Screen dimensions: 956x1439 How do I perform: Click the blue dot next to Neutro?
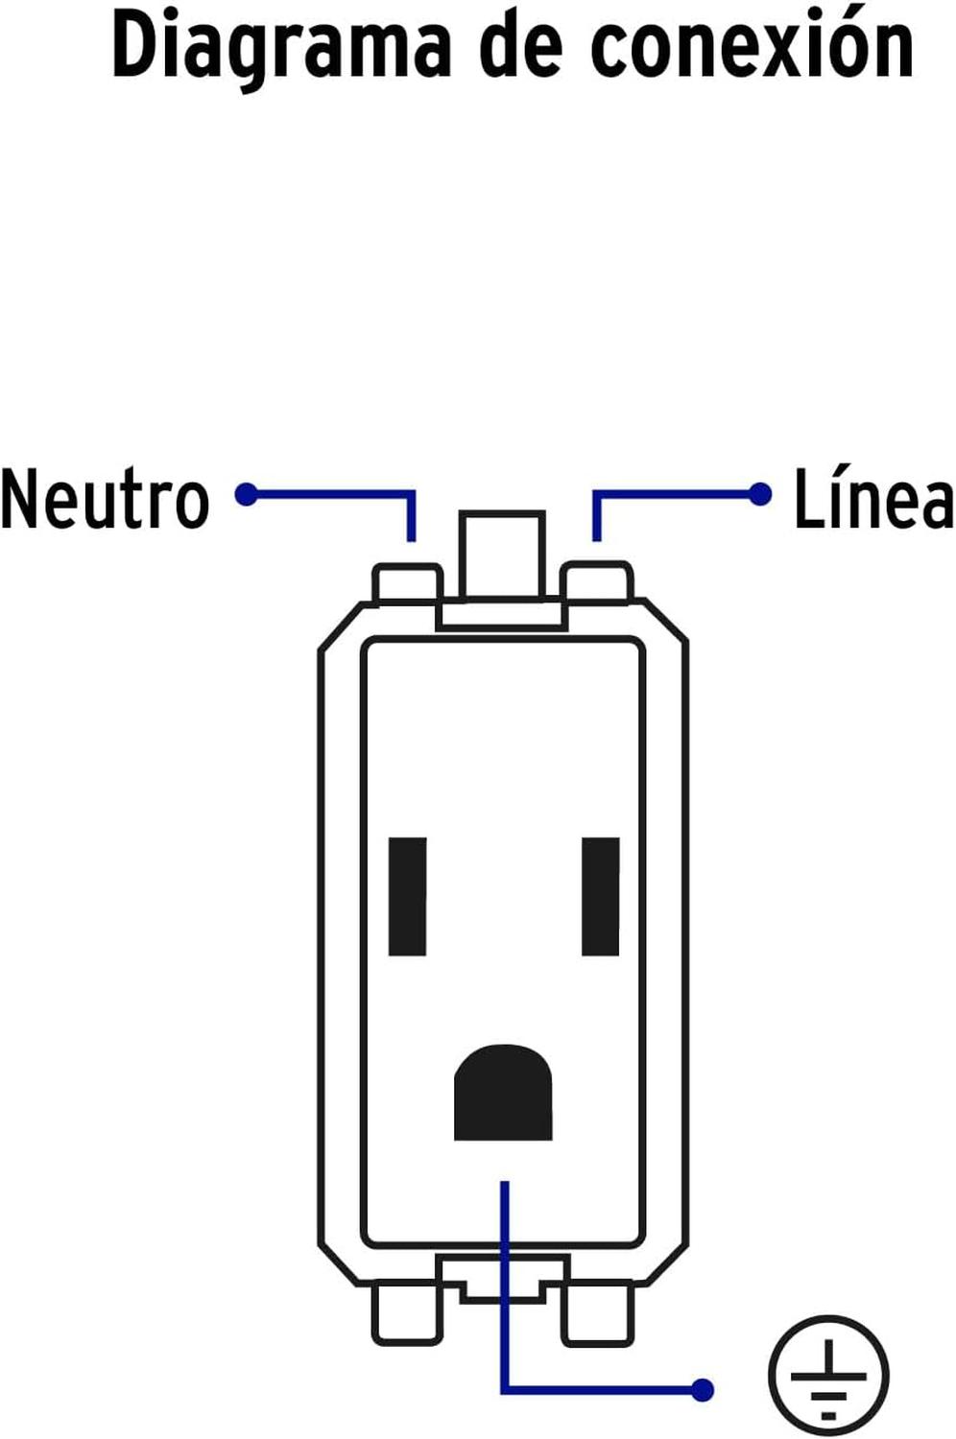coord(247,494)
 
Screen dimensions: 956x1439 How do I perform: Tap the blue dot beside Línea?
coord(760,494)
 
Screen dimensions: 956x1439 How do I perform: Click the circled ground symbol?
coord(828,1376)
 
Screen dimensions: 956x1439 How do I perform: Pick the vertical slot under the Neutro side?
coord(408,896)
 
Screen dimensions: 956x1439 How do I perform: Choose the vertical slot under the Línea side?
coord(601,896)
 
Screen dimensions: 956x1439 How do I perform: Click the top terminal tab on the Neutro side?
coord(408,583)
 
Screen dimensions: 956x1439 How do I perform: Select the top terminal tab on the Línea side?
coord(597,582)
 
